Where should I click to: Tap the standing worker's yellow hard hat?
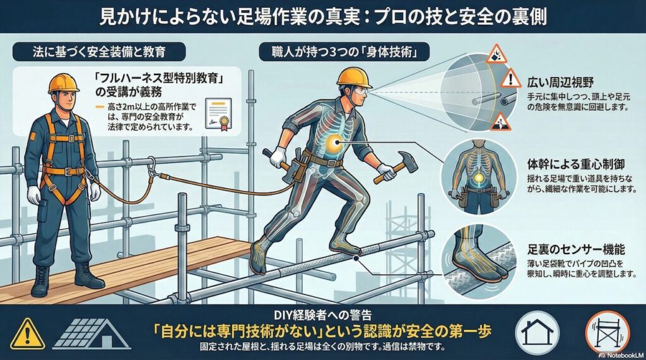pyautogui.click(x=63, y=83)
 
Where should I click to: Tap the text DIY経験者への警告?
pyautogui.click(x=322, y=313)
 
